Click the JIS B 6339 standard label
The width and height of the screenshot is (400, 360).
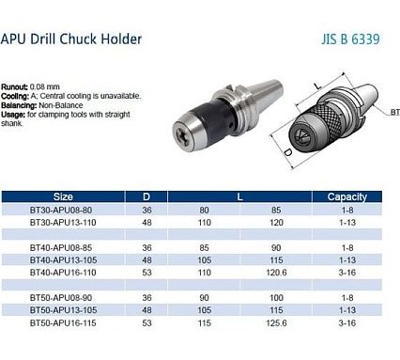pos(350,39)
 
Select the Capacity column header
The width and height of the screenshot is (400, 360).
pos(347,196)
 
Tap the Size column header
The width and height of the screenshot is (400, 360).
pos(63,196)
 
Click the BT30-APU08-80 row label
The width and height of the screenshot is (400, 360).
pos(61,210)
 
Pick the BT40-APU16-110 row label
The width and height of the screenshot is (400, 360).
pos(63,273)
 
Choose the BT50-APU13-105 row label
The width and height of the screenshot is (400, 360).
pos(63,310)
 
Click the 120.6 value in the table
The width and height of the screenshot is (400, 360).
pos(276,273)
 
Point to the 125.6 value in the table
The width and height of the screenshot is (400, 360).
pos(276,323)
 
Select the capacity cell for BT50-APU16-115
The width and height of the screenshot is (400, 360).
pos(347,323)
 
